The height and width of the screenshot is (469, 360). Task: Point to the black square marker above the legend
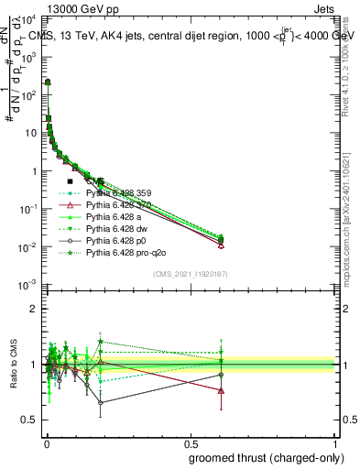tap(71, 181)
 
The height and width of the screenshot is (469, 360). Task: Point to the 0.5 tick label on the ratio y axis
tap(30, 420)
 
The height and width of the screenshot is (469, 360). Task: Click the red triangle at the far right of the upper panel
tap(221, 245)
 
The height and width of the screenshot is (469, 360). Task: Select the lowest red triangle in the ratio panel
tap(221, 390)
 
